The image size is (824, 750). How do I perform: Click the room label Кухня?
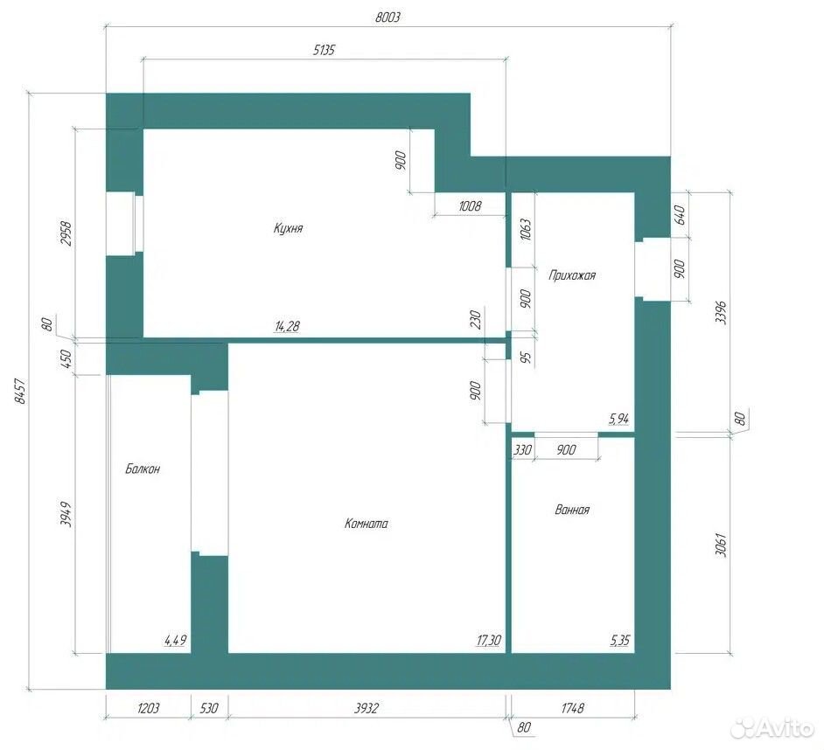tap(289, 228)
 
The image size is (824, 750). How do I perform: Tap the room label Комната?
tap(367, 523)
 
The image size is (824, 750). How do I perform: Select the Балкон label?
tap(143, 469)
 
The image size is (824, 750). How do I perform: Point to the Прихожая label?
tap(572, 275)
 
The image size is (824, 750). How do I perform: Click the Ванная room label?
tap(572, 510)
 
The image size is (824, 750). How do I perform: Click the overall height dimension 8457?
tap(20, 392)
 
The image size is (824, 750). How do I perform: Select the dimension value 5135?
tap(324, 51)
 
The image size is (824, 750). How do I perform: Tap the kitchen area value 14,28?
tap(287, 326)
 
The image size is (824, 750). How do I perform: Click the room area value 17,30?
tap(489, 640)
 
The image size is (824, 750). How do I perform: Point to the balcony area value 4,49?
tap(176, 640)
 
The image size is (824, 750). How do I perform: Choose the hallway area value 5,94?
tap(619, 419)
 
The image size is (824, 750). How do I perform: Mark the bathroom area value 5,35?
tap(619, 640)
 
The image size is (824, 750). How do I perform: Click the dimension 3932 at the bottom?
tap(366, 709)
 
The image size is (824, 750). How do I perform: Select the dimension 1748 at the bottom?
tap(572, 709)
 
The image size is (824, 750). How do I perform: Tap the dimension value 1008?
tap(470, 205)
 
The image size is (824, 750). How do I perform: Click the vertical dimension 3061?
tap(720, 545)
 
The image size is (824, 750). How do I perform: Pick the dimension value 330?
tap(522, 450)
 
